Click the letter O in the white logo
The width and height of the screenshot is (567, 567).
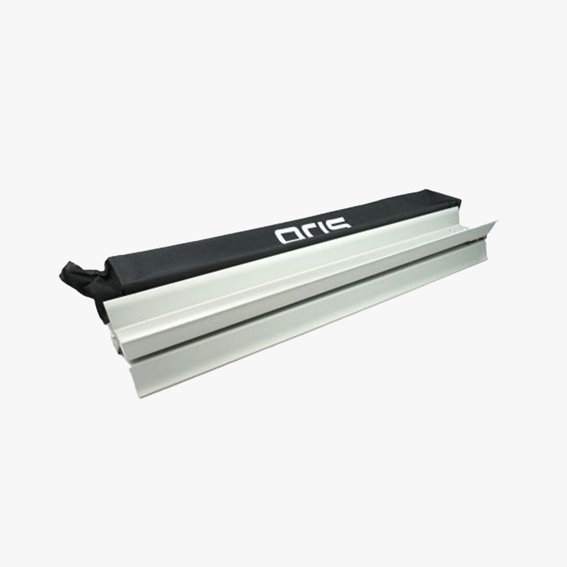pyautogui.click(x=288, y=236)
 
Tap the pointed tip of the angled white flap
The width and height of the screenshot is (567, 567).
pyautogui.click(x=499, y=219)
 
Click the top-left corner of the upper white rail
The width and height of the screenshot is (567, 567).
pyautogui.click(x=104, y=301)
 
